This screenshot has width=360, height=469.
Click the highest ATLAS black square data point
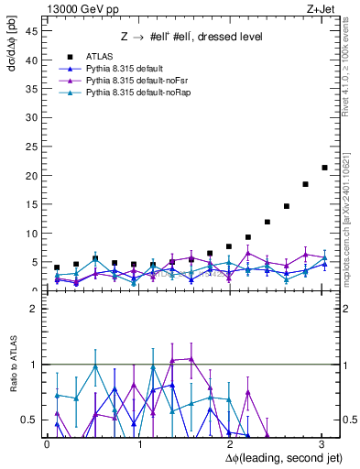pos(324,168)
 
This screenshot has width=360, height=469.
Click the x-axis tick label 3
pos(321,443)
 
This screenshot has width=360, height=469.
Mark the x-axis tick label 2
pos(229,443)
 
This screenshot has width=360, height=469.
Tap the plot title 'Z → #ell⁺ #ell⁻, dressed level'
pos(191,37)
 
